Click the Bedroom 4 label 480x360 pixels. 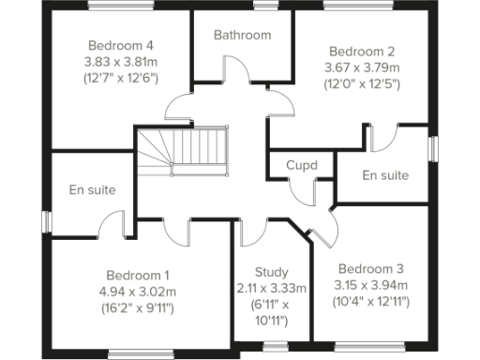[121, 45]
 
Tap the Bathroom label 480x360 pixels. [242, 36]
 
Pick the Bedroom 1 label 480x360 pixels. [138, 276]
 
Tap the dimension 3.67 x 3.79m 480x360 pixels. [361, 67]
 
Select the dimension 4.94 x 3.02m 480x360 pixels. [138, 291]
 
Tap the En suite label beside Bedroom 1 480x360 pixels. [93, 190]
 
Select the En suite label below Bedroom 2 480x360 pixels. [385, 175]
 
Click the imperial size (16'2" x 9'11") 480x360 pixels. [138, 307]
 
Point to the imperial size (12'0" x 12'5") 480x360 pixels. [361, 84]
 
